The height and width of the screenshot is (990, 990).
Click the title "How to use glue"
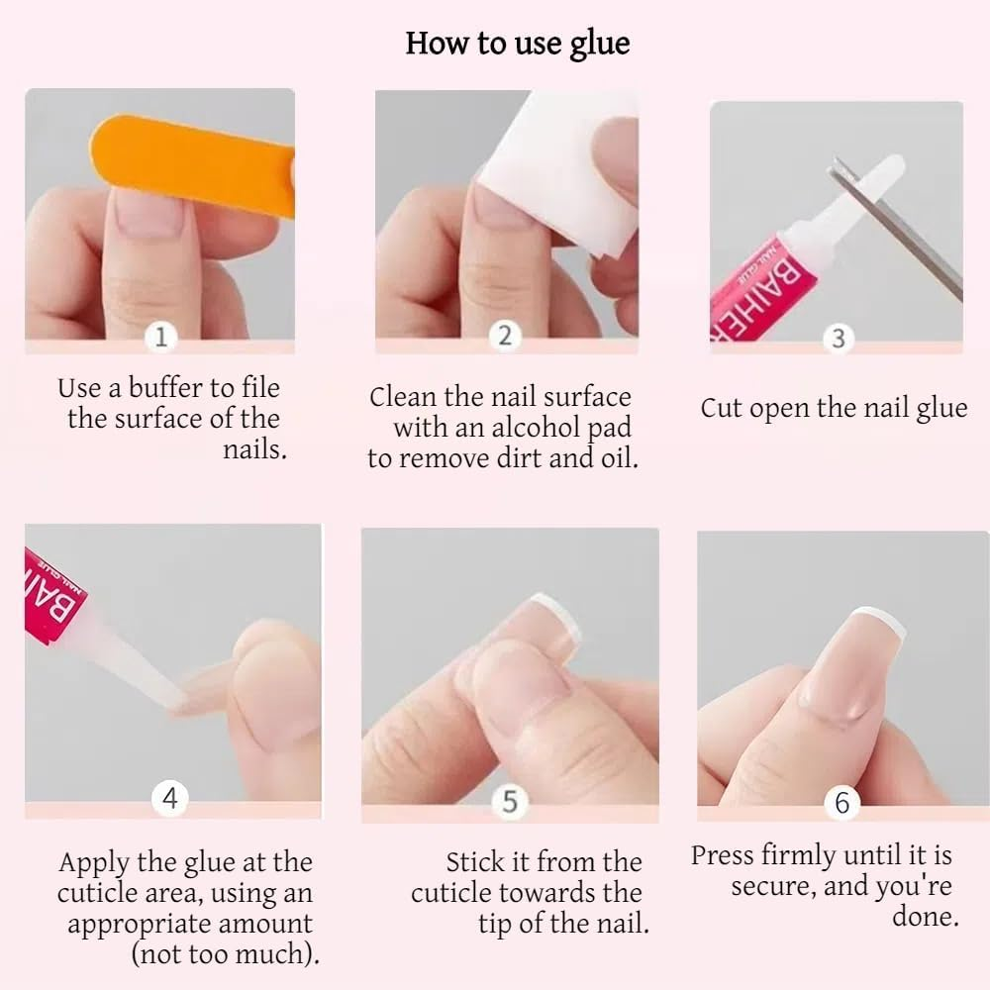[517, 44]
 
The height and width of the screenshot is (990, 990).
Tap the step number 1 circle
[161, 337]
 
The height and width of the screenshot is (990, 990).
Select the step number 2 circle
[505, 335]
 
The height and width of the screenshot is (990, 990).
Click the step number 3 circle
[838, 339]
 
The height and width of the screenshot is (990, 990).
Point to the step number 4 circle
[170, 798]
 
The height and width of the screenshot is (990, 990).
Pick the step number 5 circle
[509, 801]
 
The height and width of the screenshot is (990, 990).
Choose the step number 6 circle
[841, 802]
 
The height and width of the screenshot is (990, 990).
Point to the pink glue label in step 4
[51, 594]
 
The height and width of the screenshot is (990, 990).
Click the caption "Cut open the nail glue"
[834, 408]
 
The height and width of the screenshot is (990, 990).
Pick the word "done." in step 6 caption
[925, 916]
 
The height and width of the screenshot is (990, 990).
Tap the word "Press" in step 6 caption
[726, 855]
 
